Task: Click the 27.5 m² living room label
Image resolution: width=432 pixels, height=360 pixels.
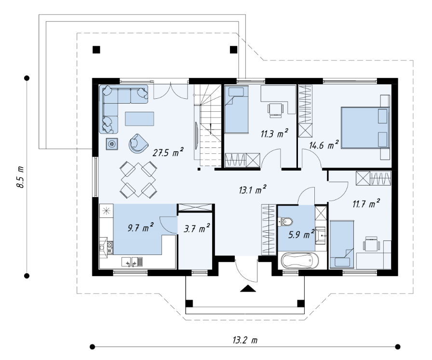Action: point(168,152)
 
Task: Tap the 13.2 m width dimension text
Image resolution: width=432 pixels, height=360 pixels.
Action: point(245,340)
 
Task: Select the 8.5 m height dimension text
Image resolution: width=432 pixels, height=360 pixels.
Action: point(20,177)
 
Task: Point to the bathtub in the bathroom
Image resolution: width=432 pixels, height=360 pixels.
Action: point(300,261)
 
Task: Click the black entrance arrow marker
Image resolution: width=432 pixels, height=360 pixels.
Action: point(248,288)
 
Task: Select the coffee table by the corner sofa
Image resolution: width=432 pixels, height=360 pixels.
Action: point(139,119)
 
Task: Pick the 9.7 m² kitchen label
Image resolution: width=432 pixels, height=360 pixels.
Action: point(140,227)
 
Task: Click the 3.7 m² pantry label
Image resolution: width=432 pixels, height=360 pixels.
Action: point(197,228)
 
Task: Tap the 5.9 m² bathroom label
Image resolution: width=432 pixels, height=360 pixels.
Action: point(301,234)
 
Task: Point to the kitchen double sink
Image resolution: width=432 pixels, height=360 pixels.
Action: point(132,261)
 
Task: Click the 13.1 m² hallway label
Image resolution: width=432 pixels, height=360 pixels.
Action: point(252,189)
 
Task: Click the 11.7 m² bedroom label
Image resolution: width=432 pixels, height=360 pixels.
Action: point(366,203)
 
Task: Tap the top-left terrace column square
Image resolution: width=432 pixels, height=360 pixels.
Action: point(96,50)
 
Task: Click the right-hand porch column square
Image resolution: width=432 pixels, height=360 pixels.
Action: point(300,304)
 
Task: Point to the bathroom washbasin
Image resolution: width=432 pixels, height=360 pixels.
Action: point(321,236)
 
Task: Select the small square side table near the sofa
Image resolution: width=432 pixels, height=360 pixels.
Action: point(112,144)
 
